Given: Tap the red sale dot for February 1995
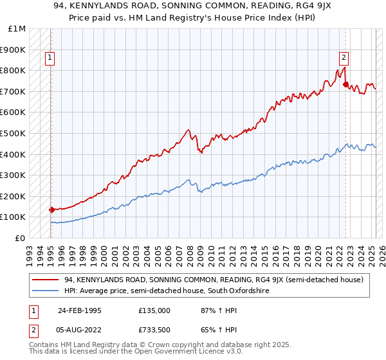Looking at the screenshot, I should pyautogui.click(x=51, y=210).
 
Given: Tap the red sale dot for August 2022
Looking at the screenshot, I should pyautogui.click(x=345, y=84).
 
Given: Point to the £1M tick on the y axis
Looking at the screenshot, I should pyautogui.click(x=17, y=29).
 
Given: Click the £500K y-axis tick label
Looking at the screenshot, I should pyautogui.click(x=14, y=134).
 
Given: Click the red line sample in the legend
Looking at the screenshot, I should pyautogui.click(x=46, y=280).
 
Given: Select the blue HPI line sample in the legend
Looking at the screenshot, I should pyautogui.click(x=46, y=291).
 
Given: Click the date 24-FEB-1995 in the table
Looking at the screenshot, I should pyautogui.click(x=79, y=310).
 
